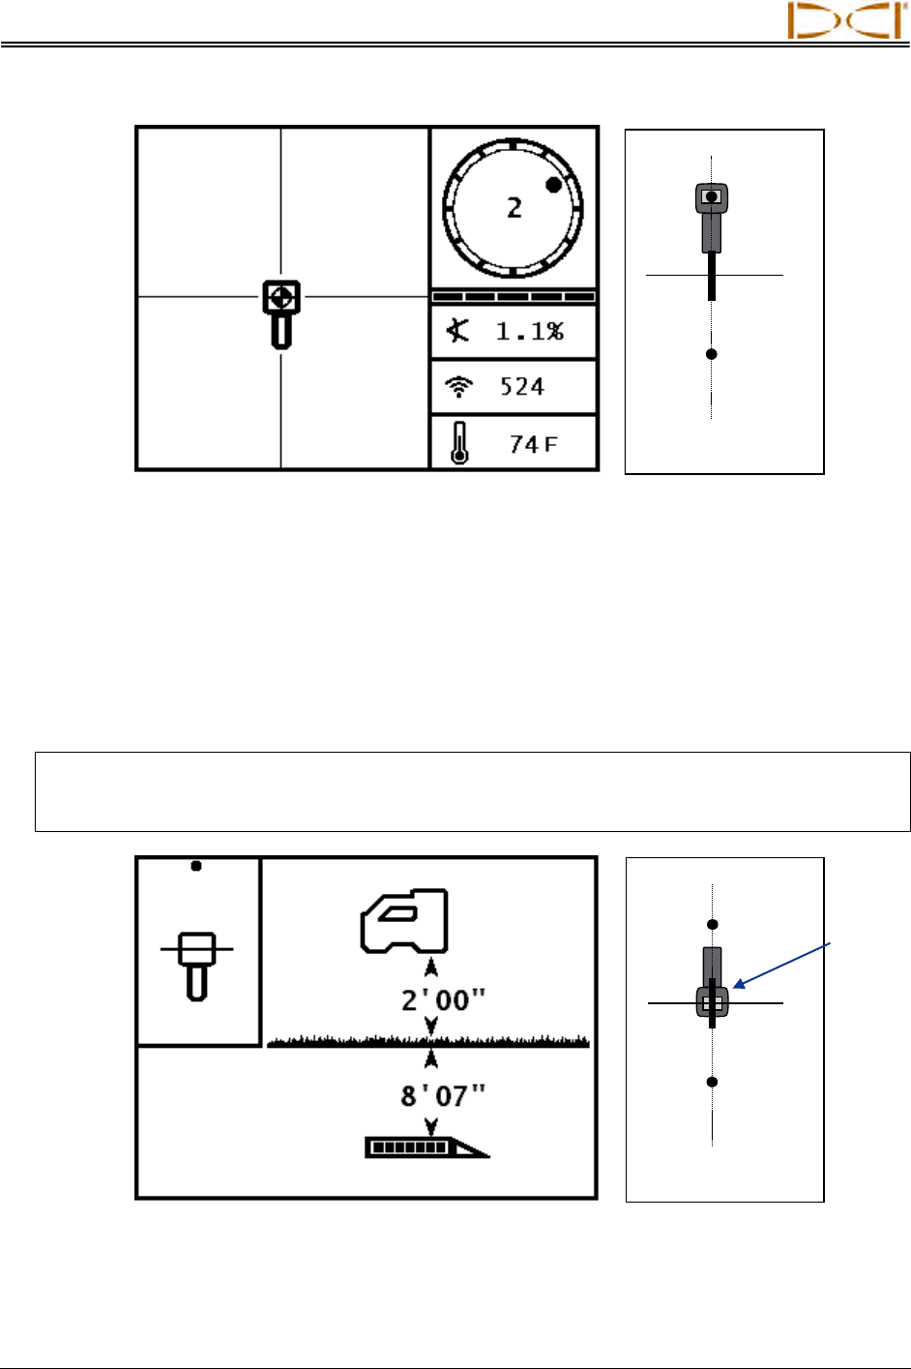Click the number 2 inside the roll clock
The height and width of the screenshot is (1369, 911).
tap(514, 207)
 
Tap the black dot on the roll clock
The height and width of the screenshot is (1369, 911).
tap(553, 185)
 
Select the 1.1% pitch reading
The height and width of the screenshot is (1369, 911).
tap(529, 332)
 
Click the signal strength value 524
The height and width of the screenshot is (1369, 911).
tap(522, 387)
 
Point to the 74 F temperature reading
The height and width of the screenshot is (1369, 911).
tap(534, 444)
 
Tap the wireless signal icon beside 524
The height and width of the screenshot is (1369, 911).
tap(458, 387)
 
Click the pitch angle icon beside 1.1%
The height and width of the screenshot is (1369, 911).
tap(458, 331)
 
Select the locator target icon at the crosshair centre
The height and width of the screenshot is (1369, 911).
tap(281, 297)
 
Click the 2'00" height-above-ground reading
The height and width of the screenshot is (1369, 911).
tap(443, 1000)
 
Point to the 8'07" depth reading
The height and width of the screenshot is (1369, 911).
tap(443, 1095)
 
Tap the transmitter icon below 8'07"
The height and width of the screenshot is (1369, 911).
tap(426, 1147)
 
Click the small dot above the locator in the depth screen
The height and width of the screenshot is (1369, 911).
tap(196, 866)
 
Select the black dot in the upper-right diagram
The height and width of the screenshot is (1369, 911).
tap(712, 354)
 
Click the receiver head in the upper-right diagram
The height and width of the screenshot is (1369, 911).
tap(712, 198)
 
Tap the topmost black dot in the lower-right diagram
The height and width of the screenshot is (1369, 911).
tap(712, 925)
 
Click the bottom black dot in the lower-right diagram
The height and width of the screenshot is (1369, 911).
tap(712, 1082)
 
